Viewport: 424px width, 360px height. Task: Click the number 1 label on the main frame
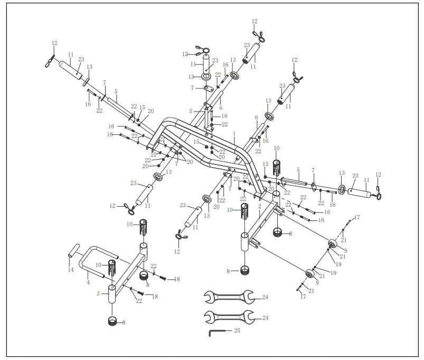pos(233,133)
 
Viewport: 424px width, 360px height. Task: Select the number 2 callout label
pos(260,206)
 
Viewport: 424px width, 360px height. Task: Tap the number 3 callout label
pos(99,292)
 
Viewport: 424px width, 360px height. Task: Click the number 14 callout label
pos(71,270)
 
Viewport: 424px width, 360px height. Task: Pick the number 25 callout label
pos(237,330)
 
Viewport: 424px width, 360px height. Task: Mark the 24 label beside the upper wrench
pos(265,298)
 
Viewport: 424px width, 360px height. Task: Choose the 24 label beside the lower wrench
pos(265,317)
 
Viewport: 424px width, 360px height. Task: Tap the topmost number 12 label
pos(255,21)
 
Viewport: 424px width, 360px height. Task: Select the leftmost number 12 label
pos(54,43)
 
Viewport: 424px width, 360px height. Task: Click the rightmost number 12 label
pos(378,174)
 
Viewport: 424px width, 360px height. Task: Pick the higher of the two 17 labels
pos(357,217)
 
